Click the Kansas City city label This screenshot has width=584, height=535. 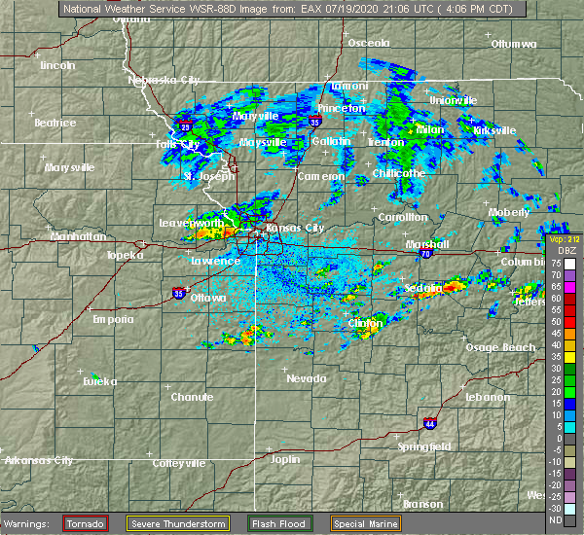[x=297, y=229]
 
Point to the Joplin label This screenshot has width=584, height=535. [x=285, y=458]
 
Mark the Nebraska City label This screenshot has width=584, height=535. [x=164, y=80]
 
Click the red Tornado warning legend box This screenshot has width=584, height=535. [x=87, y=523]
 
